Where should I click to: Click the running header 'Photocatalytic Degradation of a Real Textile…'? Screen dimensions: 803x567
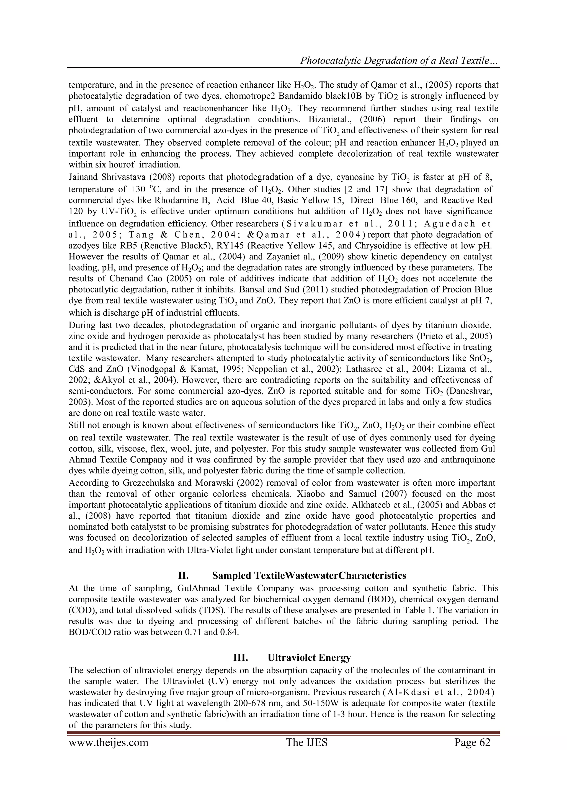(x=399, y=61)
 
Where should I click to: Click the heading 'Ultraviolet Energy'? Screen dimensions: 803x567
(x=309, y=658)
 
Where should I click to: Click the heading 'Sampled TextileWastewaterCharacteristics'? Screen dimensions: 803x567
(x=309, y=575)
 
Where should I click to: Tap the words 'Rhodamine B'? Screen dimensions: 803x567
(x=181, y=200)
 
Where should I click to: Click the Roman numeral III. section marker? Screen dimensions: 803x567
(x=240, y=658)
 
